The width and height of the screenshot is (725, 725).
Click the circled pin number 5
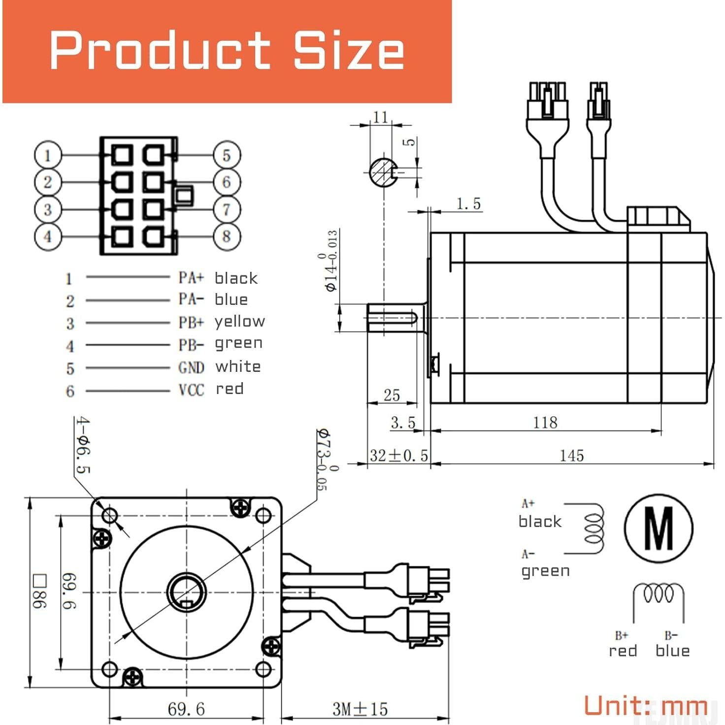(x=227, y=155)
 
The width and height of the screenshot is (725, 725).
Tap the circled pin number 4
(x=48, y=236)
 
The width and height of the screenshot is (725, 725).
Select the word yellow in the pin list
(x=239, y=321)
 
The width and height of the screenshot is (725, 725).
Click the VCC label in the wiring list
(x=191, y=390)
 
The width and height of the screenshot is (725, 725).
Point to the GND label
(x=191, y=367)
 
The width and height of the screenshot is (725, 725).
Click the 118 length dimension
(x=545, y=423)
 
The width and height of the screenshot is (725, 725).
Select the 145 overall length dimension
(x=571, y=456)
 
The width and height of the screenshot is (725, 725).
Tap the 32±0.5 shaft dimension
(x=398, y=456)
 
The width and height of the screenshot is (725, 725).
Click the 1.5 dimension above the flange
(x=468, y=204)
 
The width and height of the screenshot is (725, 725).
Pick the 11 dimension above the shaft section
(x=380, y=117)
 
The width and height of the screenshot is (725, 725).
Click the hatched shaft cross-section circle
(x=384, y=172)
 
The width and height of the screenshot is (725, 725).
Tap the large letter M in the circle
(x=659, y=529)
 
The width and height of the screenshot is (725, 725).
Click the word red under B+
(x=623, y=651)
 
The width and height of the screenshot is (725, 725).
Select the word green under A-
(x=545, y=571)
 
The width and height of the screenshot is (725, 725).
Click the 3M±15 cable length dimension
(x=360, y=709)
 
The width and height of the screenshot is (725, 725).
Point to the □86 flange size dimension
(x=39, y=591)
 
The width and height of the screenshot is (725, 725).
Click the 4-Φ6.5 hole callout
(x=83, y=445)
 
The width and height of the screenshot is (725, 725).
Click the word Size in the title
(x=349, y=50)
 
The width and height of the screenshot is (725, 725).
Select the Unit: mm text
(x=645, y=705)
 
